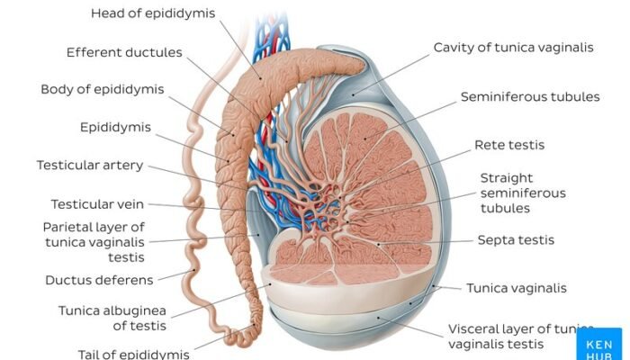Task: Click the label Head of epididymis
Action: click(x=152, y=13)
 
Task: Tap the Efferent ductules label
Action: click(x=124, y=52)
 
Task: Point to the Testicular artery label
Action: click(x=90, y=166)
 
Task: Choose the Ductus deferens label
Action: click(x=99, y=280)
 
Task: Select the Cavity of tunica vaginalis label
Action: click(x=513, y=47)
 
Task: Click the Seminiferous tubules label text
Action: click(x=530, y=96)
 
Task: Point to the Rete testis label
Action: click(x=509, y=145)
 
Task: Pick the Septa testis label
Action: click(x=516, y=240)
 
